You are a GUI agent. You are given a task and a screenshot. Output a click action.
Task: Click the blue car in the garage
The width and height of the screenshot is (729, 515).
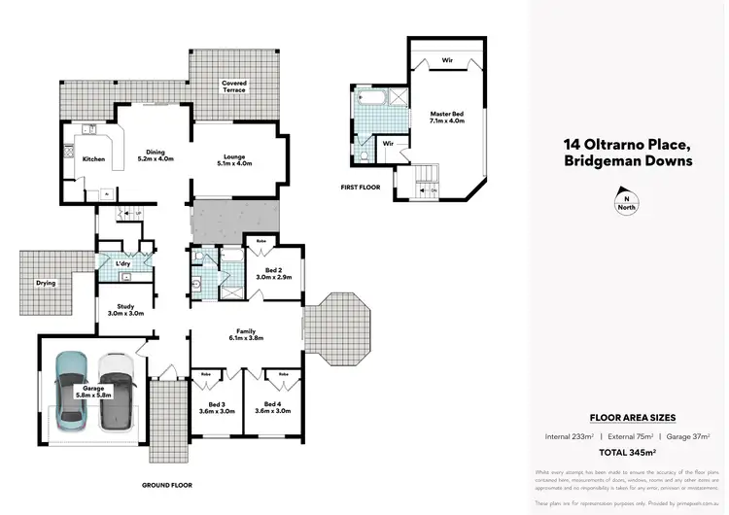[71, 391]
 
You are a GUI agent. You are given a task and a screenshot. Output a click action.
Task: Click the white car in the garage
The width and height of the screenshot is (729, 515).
[115, 391]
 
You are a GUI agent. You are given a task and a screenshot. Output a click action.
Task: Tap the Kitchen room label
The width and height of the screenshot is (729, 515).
[93, 158]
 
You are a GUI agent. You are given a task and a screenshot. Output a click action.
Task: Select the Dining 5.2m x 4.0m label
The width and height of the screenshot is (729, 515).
[156, 156]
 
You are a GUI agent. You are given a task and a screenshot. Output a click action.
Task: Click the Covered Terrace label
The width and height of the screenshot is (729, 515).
[234, 87]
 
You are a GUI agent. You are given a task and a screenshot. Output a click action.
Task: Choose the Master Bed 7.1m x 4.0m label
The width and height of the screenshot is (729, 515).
[447, 120]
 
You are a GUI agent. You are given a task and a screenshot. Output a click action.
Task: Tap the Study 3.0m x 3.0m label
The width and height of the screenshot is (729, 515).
[124, 310]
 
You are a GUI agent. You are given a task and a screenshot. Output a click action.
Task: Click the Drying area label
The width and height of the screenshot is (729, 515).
[46, 284]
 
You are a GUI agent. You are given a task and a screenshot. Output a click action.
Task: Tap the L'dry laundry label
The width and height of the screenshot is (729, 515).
[123, 264]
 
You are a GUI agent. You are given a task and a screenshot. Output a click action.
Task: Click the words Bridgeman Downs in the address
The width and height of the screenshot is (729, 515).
[628, 161]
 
